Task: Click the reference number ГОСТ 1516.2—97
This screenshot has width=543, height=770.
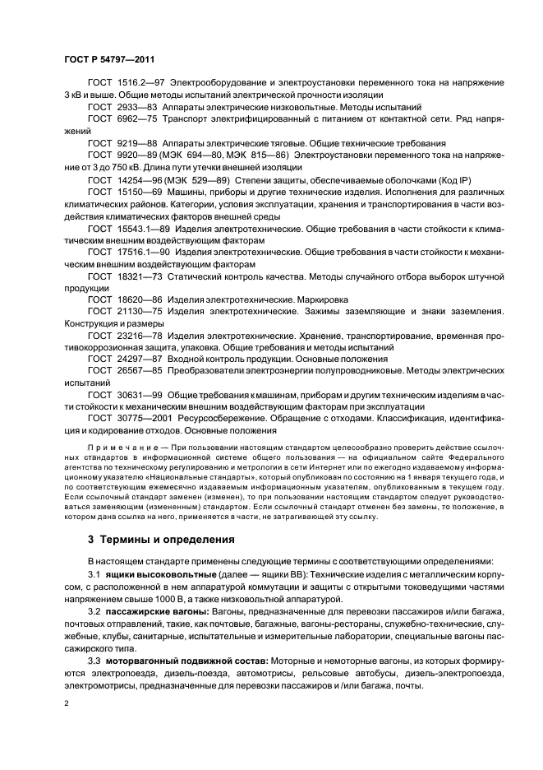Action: pos(126,84)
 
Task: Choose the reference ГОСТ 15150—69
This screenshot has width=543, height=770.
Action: pos(122,191)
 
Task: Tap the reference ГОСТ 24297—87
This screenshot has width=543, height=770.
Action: pos(122,359)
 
